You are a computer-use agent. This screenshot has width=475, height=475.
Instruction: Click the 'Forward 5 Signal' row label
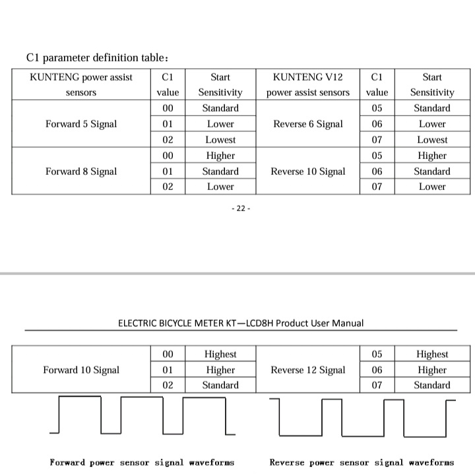click(81, 124)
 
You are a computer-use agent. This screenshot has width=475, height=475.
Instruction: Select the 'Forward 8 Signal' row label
click(81, 172)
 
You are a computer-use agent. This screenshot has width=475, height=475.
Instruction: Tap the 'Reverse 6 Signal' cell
click(308, 124)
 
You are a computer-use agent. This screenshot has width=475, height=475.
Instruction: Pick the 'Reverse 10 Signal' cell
click(308, 172)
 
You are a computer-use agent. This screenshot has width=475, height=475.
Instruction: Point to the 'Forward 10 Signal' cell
click(81, 370)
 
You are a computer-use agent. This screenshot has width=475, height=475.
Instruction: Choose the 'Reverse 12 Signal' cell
click(308, 370)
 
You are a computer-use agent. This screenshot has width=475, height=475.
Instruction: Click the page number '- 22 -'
click(241, 208)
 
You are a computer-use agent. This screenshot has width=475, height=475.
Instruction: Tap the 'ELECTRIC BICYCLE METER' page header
click(241, 323)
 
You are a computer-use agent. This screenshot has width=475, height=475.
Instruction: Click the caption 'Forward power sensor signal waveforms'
click(142, 462)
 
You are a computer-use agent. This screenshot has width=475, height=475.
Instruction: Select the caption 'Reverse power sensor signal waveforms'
click(362, 462)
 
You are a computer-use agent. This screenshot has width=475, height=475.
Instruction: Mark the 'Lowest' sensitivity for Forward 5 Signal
click(220, 140)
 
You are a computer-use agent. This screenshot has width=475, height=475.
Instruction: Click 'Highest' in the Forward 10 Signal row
click(220, 354)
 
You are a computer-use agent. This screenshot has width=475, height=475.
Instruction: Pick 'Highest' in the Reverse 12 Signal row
click(432, 354)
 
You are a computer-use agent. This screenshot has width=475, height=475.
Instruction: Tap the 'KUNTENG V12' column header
click(308, 84)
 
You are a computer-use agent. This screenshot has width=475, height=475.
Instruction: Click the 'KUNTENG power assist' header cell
click(81, 84)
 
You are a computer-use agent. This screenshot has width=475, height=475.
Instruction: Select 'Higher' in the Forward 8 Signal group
click(220, 156)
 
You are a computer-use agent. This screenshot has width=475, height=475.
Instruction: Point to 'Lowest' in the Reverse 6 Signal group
click(432, 140)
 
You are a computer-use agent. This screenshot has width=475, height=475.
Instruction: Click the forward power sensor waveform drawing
click(142, 415)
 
